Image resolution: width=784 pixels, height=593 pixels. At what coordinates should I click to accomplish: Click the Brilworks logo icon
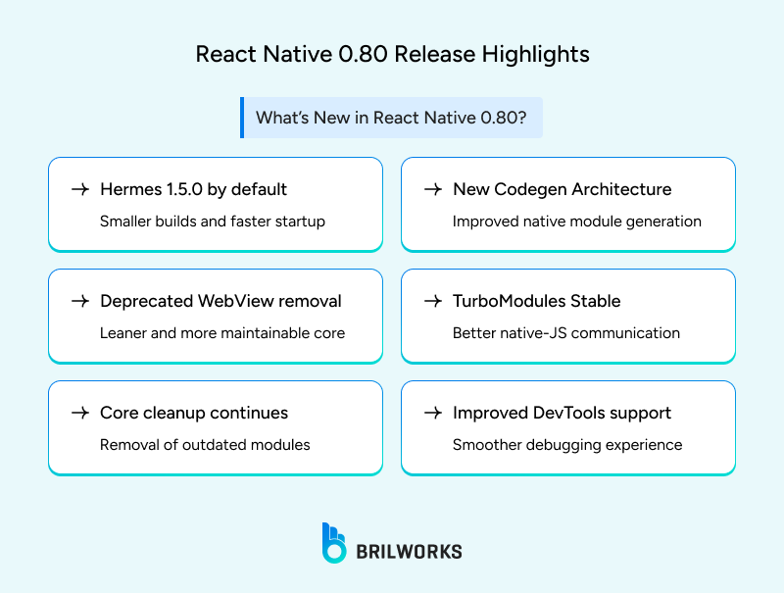point(334,543)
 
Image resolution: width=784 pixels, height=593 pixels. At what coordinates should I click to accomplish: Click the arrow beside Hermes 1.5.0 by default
point(80,189)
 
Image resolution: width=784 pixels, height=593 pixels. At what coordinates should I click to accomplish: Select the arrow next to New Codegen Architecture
point(432,189)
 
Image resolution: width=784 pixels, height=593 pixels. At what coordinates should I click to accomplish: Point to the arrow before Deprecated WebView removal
point(80,301)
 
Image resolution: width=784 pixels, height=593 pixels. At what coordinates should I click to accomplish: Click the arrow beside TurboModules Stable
point(432,301)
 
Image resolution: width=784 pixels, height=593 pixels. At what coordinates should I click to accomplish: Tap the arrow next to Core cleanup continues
point(80,413)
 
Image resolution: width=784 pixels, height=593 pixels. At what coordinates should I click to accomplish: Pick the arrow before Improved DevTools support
point(432,413)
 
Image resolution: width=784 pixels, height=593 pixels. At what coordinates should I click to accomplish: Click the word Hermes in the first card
point(131,189)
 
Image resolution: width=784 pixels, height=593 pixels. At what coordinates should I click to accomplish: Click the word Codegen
point(529,189)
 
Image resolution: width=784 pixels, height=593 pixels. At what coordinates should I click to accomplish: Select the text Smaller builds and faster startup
point(213,222)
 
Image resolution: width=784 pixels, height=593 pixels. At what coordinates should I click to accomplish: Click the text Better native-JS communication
point(566,333)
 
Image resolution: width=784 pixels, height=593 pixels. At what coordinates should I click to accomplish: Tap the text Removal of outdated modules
point(205,445)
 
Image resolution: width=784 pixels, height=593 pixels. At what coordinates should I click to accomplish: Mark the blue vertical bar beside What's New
point(242,118)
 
